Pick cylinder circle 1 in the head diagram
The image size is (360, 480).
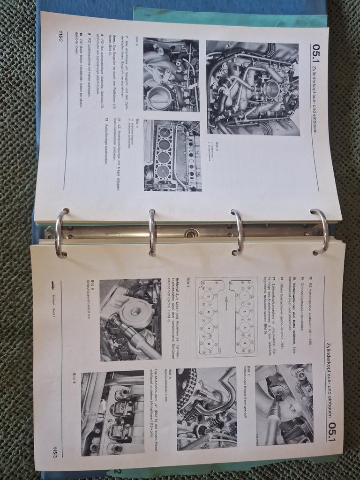point(245,296)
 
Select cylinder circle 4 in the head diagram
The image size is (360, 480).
point(245,343)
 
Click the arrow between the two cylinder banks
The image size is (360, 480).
point(226,303)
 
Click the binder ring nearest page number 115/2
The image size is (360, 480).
point(61,232)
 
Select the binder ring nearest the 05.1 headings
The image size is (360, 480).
point(320,232)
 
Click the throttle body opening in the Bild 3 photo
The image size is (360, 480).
point(160,97)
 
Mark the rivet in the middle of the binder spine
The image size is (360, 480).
point(191,233)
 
